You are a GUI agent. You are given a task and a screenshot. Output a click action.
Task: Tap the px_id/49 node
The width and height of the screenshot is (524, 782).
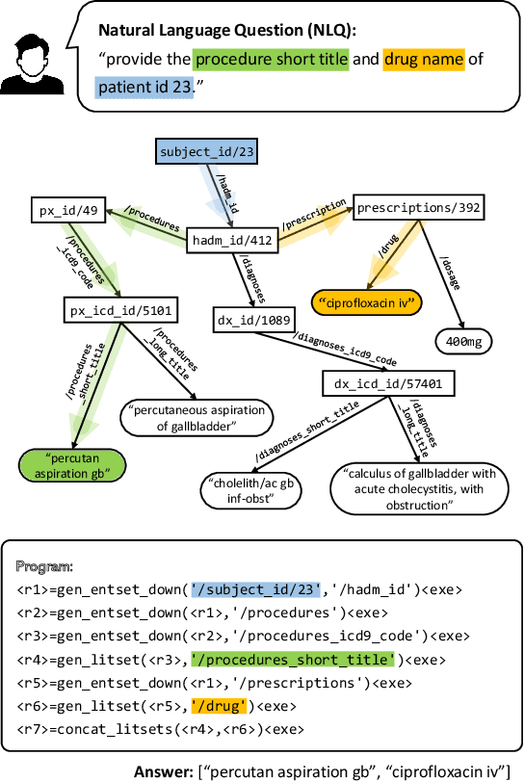(60, 209)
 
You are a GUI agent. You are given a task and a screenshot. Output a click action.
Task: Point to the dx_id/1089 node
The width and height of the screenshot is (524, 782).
(249, 318)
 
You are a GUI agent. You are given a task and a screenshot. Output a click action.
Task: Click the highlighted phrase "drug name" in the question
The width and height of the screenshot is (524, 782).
(424, 60)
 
